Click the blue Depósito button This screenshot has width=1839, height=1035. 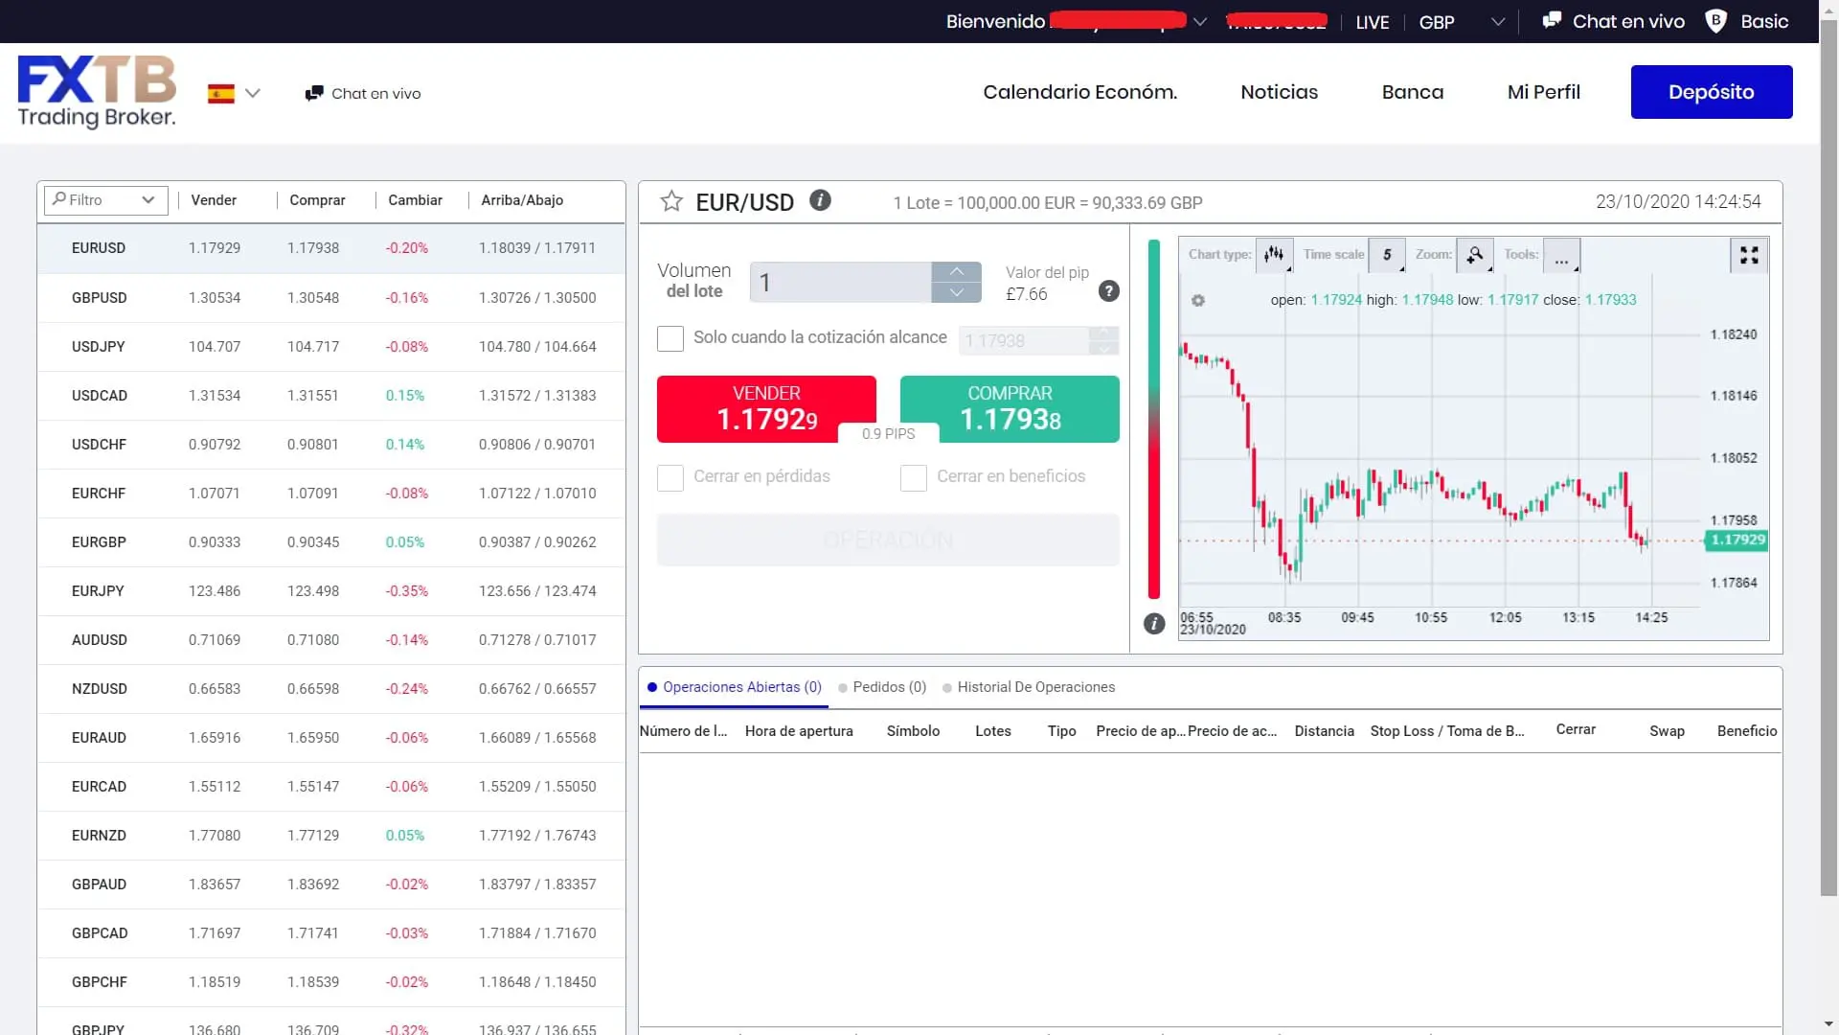1711,92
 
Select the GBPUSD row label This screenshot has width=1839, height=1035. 99,297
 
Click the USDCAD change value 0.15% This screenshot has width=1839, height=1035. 404,395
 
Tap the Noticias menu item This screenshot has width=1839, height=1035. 1279,92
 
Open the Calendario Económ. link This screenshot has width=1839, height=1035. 1079,92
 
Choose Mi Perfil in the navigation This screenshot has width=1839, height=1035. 1543,92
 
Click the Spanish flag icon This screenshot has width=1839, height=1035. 221,94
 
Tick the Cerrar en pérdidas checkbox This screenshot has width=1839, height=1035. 670,477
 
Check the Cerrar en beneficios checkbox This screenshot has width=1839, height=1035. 914,477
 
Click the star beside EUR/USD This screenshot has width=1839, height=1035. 671,201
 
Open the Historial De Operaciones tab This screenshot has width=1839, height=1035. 1035,687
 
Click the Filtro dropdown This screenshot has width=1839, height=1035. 105,199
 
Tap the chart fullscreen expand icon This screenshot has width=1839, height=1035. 1749,255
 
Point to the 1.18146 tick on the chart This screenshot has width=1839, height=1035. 1733,396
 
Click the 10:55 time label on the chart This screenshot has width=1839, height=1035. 1431,618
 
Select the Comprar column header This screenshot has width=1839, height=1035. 317,200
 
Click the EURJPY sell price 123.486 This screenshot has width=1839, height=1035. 215,590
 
